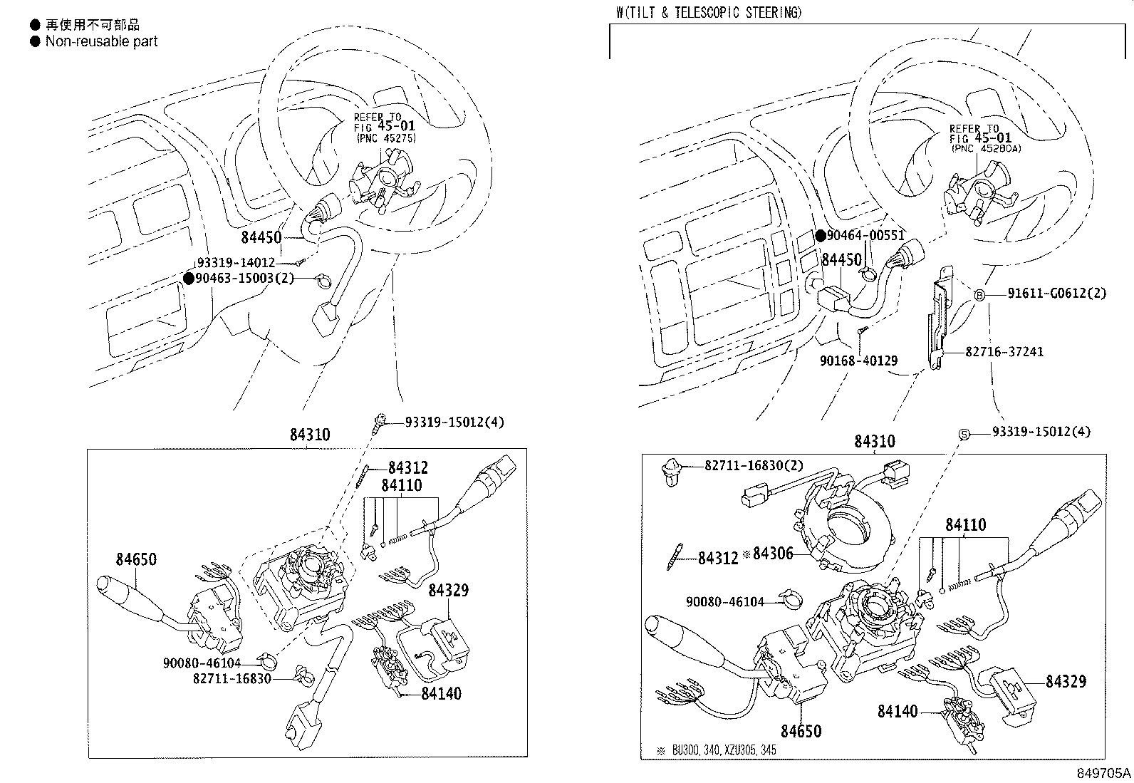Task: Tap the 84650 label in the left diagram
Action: tap(136, 559)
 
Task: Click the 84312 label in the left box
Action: tap(408, 468)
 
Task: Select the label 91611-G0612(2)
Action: tap(1056, 294)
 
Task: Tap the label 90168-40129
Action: tap(858, 361)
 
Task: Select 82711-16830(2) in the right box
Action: tap(754, 465)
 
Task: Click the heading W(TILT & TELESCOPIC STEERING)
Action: tap(709, 12)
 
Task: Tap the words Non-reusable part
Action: tap(101, 41)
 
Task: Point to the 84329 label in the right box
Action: tap(1066, 682)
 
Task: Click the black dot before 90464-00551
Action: tap(821, 236)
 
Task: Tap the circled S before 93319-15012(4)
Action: tap(963, 432)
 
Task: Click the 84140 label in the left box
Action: tap(441, 693)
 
